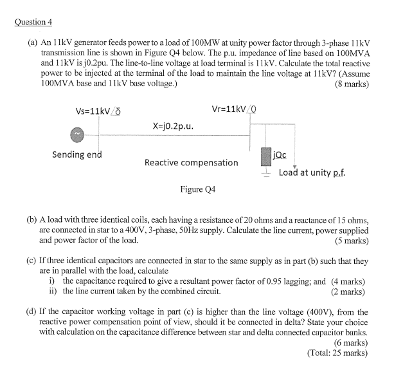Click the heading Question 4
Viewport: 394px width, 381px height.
[x=33, y=22]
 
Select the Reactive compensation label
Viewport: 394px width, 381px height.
[x=191, y=162]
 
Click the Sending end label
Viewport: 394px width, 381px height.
[x=76, y=154]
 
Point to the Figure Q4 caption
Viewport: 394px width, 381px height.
[x=197, y=190]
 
